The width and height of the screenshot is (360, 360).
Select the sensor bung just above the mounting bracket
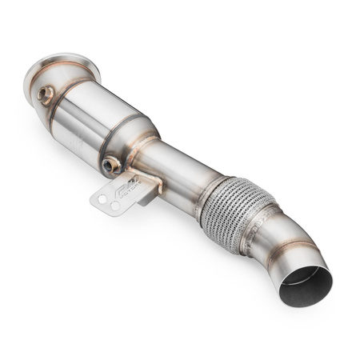pyautogui.click(x=112, y=166)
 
